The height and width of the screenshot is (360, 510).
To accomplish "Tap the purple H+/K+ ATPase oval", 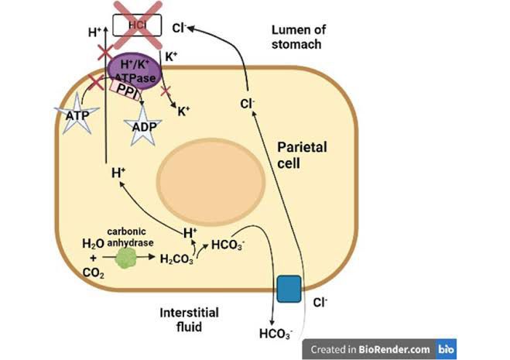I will tap(138, 68).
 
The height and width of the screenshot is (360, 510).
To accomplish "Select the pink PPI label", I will tap(138, 91).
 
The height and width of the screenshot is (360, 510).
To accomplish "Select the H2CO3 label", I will tap(177, 259).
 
